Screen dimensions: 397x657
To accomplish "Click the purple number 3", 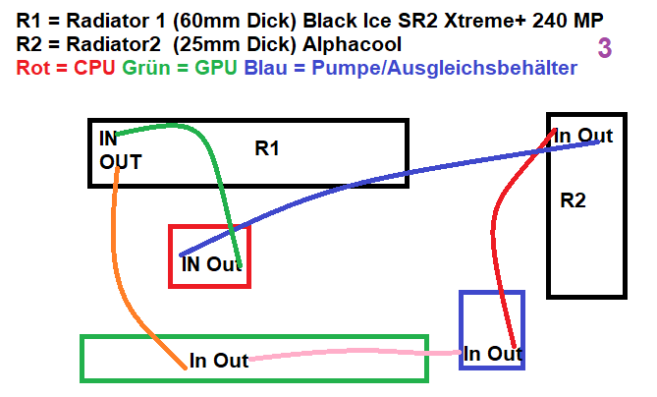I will tap(605, 49).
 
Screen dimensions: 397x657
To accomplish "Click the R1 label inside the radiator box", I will tap(267, 149).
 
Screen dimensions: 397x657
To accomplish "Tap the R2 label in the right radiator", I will tap(573, 201).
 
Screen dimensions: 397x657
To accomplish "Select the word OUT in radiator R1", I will tap(121, 162).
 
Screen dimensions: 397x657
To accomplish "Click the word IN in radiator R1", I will tap(108, 139).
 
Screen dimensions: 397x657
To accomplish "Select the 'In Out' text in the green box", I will tap(218, 362).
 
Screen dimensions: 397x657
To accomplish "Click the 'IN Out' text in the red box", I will tap(211, 264).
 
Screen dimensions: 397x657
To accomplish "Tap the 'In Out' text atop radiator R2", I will tap(584, 137).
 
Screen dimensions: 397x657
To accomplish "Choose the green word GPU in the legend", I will tap(216, 69).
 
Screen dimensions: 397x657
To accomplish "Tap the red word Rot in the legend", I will tap(34, 69).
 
